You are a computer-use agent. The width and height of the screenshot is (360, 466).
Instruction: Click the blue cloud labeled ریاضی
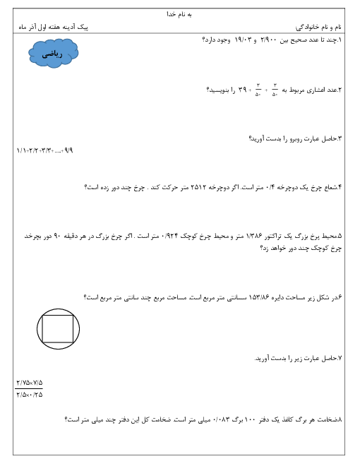click(54, 54)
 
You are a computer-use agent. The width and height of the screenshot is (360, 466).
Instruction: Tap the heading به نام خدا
click(179, 14)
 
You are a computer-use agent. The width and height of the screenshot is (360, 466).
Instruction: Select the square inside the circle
click(58, 329)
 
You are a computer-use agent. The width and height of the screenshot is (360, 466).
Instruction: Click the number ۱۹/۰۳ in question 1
click(243, 40)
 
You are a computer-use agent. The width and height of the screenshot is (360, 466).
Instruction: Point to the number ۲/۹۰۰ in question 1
click(268, 40)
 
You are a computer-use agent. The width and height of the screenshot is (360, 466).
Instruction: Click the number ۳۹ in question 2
click(242, 90)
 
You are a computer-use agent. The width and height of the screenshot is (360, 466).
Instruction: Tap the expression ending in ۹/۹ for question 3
click(45, 150)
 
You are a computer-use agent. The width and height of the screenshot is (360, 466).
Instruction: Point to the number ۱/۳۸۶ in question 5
click(254, 237)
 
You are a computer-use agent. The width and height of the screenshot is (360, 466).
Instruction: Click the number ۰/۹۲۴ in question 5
click(170, 237)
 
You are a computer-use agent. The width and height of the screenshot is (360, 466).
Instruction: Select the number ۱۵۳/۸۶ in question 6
click(258, 297)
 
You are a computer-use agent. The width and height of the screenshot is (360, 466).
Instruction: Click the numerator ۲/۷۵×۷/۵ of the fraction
click(29, 383)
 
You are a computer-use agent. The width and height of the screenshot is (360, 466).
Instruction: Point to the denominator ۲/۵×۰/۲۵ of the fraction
click(29, 395)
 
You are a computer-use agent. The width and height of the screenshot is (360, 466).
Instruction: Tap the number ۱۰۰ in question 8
click(249, 419)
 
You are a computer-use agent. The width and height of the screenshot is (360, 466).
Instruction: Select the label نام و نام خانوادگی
click(318, 28)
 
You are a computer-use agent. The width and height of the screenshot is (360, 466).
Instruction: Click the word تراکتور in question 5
click(273, 237)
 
